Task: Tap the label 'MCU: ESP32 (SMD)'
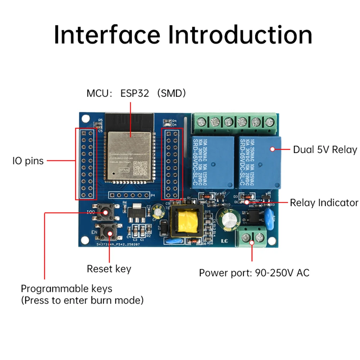(136, 94)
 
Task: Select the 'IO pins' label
(28, 161)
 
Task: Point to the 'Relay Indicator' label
(324, 203)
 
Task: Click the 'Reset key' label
(109, 269)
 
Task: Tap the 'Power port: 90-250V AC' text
(254, 273)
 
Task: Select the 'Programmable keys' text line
(67, 288)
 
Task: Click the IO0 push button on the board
(106, 212)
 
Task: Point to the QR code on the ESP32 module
(140, 168)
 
